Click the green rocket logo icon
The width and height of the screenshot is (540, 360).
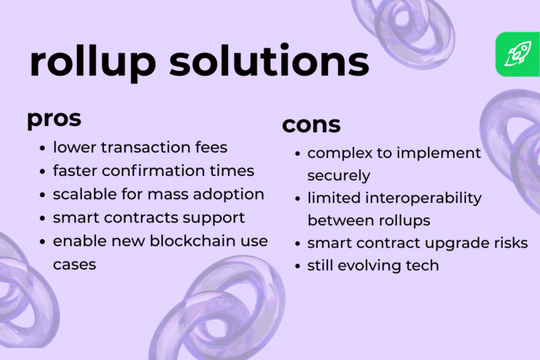point(518,54)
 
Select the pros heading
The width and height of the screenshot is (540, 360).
point(54,119)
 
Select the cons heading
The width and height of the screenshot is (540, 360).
point(311,125)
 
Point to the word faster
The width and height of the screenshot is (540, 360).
point(75,171)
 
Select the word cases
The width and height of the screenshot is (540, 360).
point(74,264)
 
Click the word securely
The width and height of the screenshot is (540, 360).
point(338,175)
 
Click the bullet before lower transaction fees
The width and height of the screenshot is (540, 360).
point(43,148)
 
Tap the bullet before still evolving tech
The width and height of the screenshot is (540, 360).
point(298,266)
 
